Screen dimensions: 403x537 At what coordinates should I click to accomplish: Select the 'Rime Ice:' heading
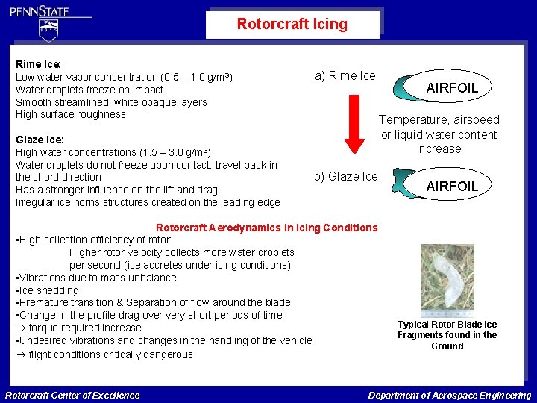(x=38, y=64)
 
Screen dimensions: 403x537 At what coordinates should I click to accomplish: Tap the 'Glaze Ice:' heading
(x=40, y=140)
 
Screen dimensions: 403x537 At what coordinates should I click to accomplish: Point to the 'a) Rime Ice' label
(x=345, y=75)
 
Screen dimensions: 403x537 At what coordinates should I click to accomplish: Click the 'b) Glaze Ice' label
(x=345, y=176)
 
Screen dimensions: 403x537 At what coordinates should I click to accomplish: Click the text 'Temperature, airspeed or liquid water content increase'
(x=439, y=134)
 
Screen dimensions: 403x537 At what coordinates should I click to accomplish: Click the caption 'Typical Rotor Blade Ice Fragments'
(x=447, y=335)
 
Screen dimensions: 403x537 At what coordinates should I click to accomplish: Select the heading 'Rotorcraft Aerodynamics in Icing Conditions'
(x=266, y=228)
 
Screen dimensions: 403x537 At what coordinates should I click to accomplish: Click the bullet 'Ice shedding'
(x=48, y=290)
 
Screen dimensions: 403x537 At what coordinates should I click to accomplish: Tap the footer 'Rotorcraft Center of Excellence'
(x=72, y=395)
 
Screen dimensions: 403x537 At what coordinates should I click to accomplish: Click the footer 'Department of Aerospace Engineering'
(x=449, y=395)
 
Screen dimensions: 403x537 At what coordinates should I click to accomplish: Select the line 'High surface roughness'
(x=71, y=114)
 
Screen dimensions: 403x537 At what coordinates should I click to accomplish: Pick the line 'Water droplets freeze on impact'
(x=89, y=90)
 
